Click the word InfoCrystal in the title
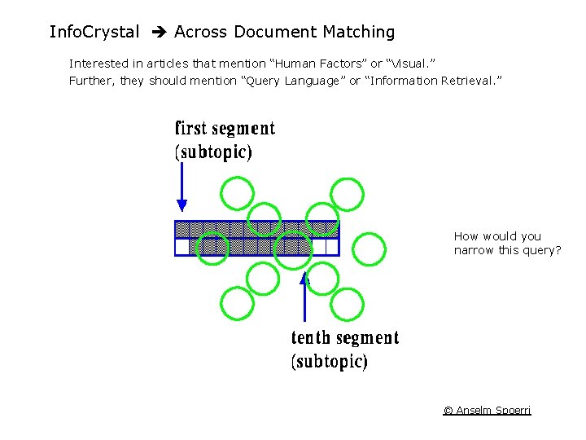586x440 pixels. point(94,33)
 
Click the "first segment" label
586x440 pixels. point(225,129)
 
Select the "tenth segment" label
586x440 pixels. point(345,338)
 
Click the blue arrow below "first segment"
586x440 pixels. point(182,187)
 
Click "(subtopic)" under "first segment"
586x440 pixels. point(213,152)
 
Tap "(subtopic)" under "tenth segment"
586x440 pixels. point(330,361)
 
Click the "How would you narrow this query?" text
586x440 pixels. point(507,244)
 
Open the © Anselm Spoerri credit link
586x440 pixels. point(487,410)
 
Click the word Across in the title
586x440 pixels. point(201,33)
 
